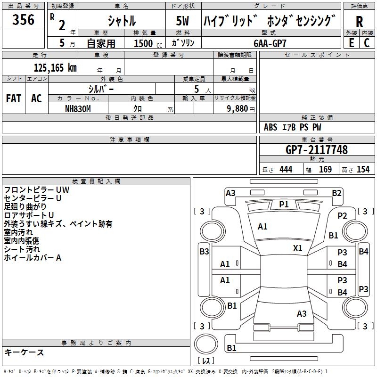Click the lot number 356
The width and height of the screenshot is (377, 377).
pyautogui.click(x=24, y=20)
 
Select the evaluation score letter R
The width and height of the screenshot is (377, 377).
pyautogui.click(x=360, y=22)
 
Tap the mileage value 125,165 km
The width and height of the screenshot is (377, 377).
pyautogui.click(x=55, y=67)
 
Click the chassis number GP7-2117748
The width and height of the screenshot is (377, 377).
pyautogui.click(x=317, y=150)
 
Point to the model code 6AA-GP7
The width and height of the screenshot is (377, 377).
pyautogui.click(x=270, y=43)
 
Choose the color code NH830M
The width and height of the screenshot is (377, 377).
pyautogui.click(x=78, y=108)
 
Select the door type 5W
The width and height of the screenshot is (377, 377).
pyautogui.click(x=183, y=21)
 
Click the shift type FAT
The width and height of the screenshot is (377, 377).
pyautogui.click(x=14, y=98)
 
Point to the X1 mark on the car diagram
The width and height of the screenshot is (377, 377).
pyautogui.click(x=298, y=248)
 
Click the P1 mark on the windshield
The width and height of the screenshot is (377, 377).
pyautogui.click(x=284, y=204)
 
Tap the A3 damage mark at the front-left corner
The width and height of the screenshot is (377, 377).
pyautogui.click(x=230, y=193)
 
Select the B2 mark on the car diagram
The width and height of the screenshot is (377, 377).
pyautogui.click(x=336, y=193)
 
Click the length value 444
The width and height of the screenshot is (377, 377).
pyautogui.click(x=286, y=170)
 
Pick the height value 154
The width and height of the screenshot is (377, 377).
pyautogui.click(x=363, y=170)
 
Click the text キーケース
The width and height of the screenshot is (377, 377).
pyautogui.click(x=25, y=352)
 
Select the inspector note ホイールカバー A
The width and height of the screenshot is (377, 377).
pyautogui.click(x=33, y=258)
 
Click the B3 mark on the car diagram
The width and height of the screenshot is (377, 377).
pyautogui.click(x=204, y=251)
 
